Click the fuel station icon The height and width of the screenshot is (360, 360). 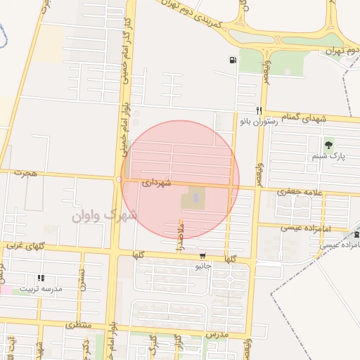232,60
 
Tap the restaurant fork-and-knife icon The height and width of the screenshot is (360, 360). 259,110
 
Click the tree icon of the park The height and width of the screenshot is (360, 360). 328,146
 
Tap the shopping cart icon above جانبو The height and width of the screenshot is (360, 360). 203,256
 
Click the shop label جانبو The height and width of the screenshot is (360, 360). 203,266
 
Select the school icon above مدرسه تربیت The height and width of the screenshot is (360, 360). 41,278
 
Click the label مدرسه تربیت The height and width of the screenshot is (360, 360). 41,288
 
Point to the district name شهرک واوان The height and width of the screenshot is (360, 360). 105,214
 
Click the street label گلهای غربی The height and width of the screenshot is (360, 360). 25,246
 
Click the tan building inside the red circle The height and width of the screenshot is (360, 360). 193,198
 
